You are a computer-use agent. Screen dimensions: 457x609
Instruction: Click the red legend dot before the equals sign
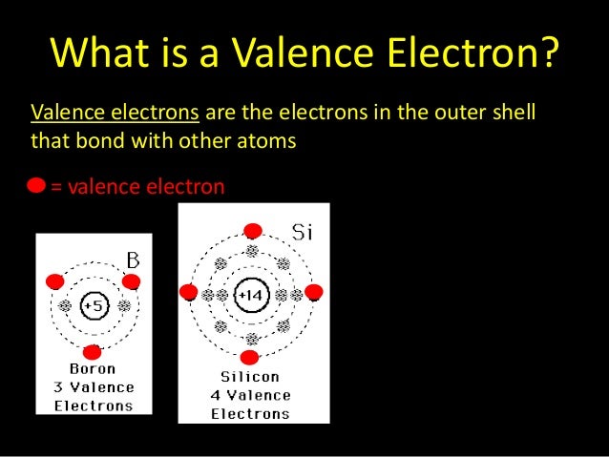36,186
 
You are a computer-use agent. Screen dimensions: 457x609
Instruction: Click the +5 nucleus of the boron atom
94,306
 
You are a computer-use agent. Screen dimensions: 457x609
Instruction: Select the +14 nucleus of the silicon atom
251,296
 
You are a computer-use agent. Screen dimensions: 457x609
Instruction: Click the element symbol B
133,260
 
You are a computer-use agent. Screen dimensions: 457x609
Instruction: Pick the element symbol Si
303,231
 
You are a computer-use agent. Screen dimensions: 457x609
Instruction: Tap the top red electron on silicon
252,231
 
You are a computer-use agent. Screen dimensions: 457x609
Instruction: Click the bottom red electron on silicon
250,358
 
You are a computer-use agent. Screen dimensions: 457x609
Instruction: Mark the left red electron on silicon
188,292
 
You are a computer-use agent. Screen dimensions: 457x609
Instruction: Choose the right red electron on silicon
313,292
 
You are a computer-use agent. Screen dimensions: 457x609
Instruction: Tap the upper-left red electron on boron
55,281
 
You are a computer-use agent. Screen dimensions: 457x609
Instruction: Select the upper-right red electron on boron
132,281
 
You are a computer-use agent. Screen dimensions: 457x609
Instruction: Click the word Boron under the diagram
93,369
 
